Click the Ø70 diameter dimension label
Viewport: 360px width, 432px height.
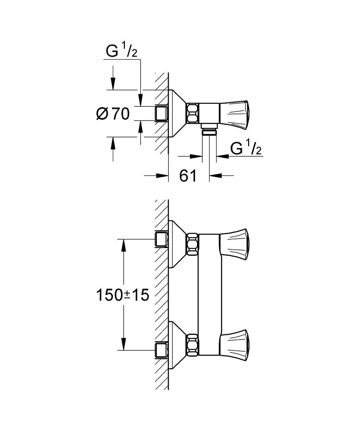112,114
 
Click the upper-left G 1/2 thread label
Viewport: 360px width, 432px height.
122,52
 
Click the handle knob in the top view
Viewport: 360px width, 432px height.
235,113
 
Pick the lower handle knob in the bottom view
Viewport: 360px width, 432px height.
235,341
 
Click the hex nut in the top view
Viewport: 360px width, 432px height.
192,113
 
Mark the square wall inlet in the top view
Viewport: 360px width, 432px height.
161,113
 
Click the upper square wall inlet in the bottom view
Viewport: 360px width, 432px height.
161,238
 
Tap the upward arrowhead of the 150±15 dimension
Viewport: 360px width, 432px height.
124,244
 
